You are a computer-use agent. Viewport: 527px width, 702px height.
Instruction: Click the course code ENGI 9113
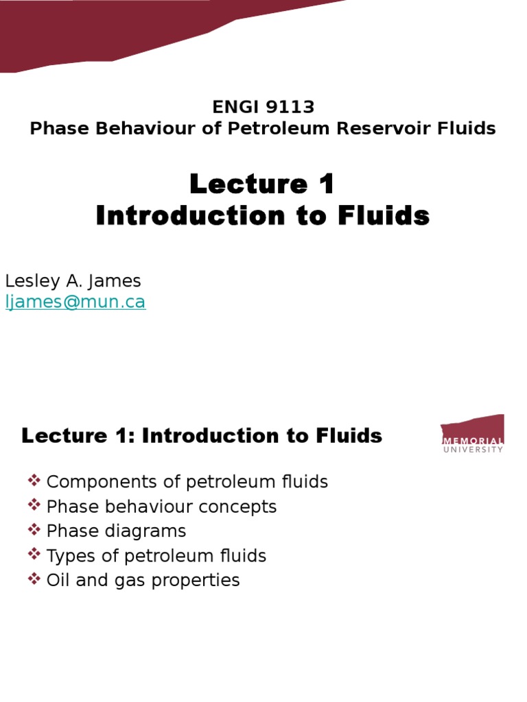263,108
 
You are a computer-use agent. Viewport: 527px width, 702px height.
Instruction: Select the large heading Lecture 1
263,184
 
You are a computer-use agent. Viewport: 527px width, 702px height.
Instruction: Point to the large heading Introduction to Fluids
263,216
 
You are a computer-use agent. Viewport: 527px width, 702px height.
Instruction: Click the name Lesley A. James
73,281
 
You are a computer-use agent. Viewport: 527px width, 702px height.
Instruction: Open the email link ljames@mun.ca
75,302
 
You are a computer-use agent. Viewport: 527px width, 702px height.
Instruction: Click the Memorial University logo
472,433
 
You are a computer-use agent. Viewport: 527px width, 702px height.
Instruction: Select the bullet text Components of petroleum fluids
187,482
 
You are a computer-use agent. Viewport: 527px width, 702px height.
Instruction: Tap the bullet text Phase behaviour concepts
161,507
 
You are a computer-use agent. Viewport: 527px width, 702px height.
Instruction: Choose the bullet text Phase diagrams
116,531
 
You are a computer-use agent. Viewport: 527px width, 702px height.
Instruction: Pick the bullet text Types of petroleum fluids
156,556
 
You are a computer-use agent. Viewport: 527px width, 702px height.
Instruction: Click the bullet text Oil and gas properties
143,581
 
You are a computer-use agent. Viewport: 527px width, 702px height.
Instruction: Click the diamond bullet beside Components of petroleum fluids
34,481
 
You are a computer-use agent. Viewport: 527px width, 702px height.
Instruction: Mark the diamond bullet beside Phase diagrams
34,530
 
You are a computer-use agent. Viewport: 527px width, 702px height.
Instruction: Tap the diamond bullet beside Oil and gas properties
34,579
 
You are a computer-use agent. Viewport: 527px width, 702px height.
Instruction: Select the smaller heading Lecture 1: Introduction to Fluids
202,435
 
